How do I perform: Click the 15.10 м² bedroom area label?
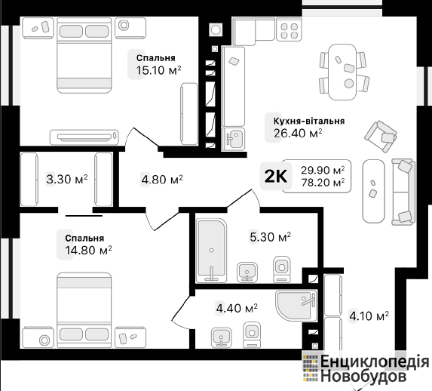[158, 70]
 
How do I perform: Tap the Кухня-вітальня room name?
[309, 121]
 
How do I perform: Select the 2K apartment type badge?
[275, 176]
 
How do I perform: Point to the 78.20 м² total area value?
[323, 183]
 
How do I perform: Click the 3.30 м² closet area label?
[67, 180]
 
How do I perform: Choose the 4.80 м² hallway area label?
[162, 180]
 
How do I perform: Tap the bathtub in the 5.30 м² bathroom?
[211, 251]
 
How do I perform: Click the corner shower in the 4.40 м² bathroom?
[296, 306]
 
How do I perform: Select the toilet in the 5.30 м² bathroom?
[281, 269]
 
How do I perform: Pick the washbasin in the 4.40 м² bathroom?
[221, 337]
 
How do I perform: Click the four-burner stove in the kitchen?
[289, 29]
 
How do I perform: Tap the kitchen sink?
[233, 139]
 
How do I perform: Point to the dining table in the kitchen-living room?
[342, 72]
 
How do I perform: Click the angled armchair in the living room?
[381, 137]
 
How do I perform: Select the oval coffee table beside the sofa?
[373, 191]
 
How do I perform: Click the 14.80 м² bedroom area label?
[88, 251]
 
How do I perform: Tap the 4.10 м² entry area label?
[369, 316]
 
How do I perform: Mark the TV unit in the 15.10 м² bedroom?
[84, 137]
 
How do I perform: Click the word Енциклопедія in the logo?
[375, 362]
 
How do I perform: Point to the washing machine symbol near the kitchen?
[215, 29]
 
